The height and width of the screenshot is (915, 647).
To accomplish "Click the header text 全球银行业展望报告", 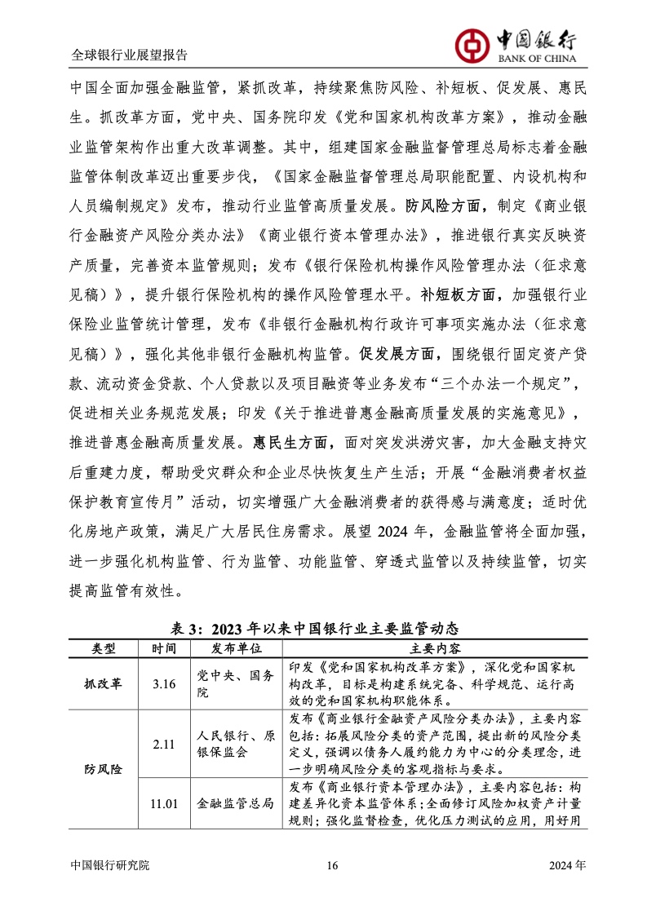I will tap(129, 55).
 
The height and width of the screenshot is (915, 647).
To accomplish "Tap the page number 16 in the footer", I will tap(330, 865).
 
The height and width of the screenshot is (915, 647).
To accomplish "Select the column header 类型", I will tap(104, 648).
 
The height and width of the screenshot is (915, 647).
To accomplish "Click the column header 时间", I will tap(164, 648).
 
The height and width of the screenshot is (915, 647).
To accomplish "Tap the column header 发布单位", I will tap(236, 648).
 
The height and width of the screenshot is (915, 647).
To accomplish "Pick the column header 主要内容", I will tap(434, 648).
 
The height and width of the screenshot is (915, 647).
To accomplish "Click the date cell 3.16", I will tap(164, 683).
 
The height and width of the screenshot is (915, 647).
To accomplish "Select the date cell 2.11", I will tap(164, 744).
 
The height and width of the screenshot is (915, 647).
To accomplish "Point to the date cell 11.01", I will tap(164, 803).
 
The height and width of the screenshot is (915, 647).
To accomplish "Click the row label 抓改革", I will tap(104, 683).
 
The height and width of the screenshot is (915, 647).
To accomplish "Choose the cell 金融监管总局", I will tap(236, 803).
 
